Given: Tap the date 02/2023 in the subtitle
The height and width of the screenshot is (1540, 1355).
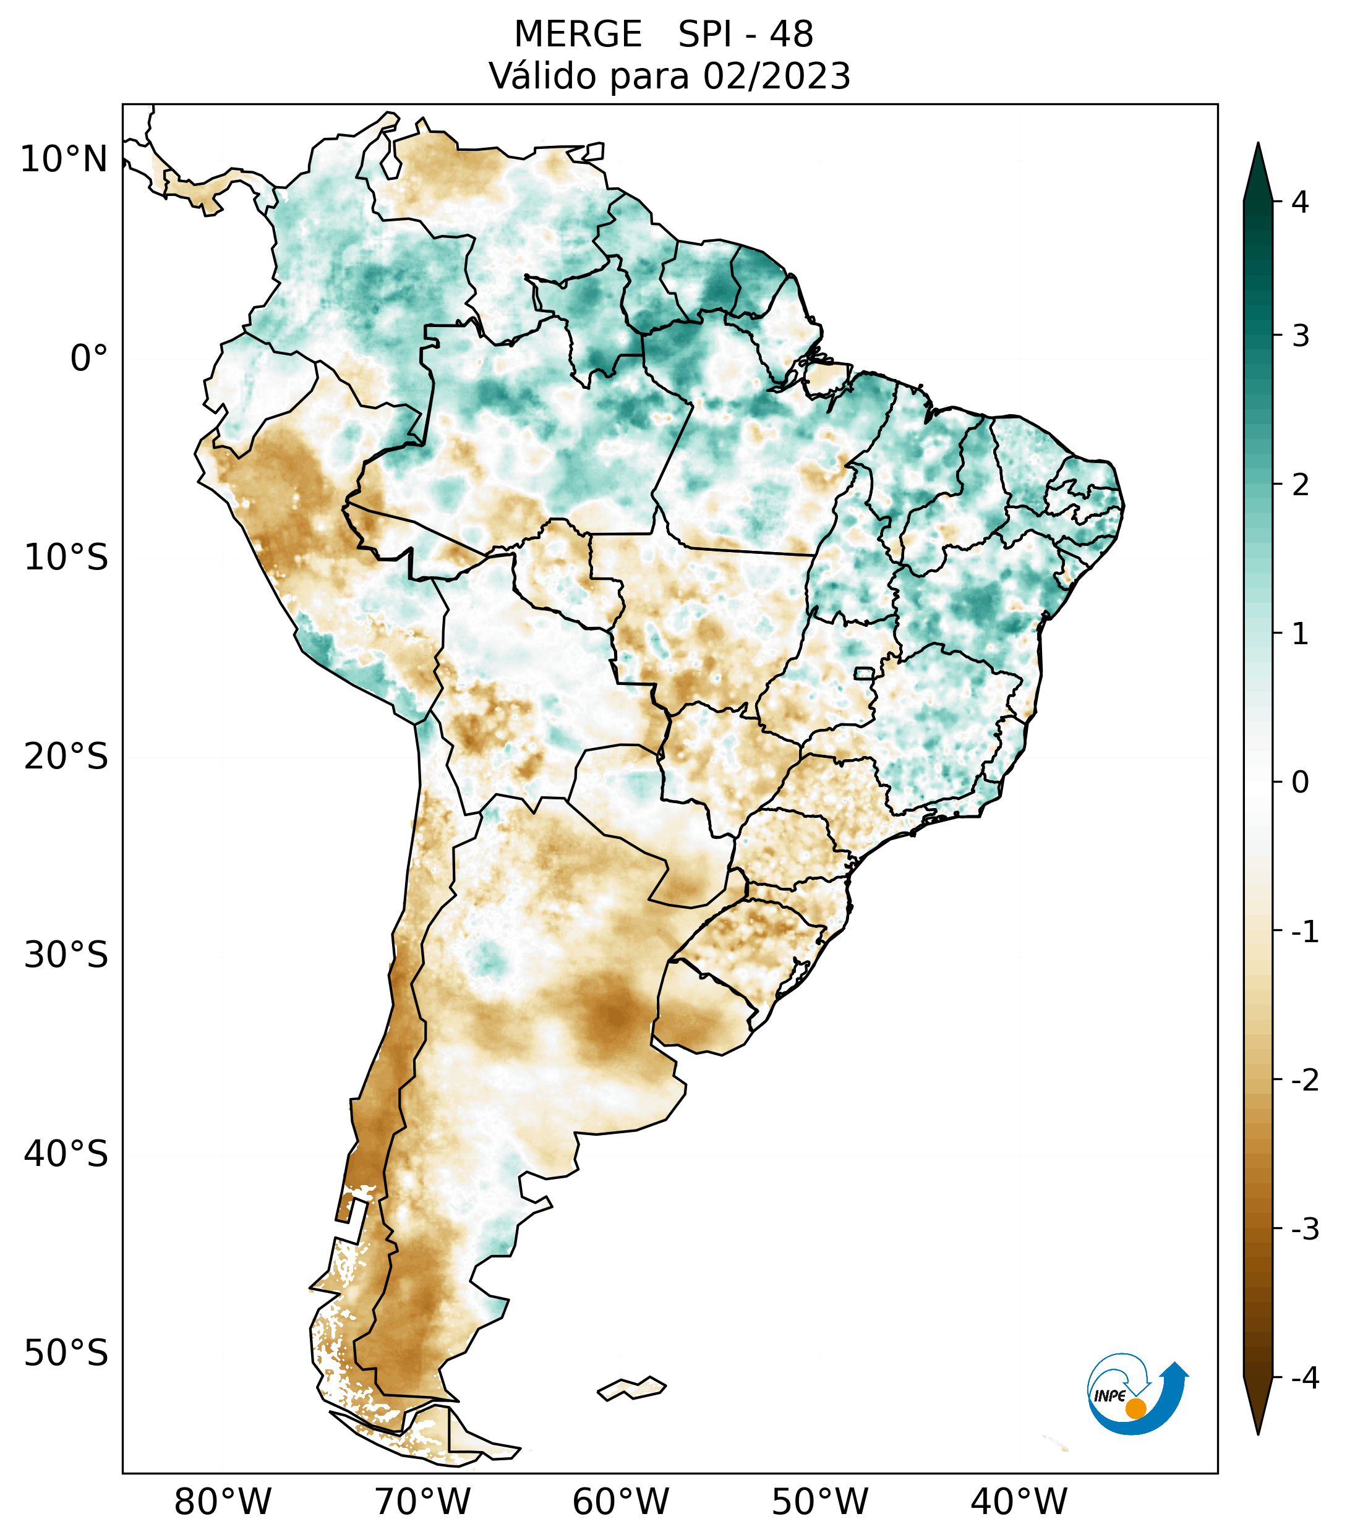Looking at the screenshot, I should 777,77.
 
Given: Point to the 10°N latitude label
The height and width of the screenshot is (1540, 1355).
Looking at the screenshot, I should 63,160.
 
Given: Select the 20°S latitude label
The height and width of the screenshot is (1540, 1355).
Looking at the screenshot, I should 66,757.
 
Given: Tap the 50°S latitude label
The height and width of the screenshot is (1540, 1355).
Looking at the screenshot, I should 66,1354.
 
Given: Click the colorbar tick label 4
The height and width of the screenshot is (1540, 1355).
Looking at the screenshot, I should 1300,202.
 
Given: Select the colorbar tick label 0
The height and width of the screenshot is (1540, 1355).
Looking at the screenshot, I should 1300,783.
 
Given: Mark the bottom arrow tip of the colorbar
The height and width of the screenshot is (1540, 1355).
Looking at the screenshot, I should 1257,1433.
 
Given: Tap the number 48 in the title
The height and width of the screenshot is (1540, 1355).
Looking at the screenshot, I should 792,35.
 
